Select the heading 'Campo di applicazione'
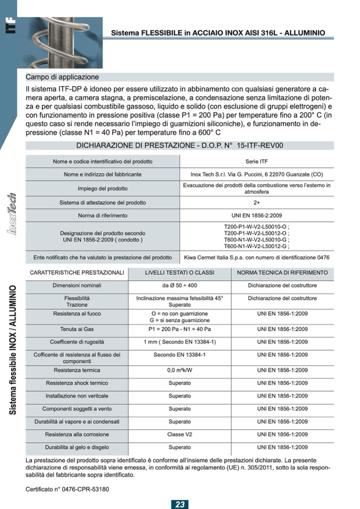tap(62, 77)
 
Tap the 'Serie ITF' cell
tap(256, 161)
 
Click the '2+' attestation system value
tap(256, 202)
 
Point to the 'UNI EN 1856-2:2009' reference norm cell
tap(256, 215)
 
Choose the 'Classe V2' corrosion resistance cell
tap(180, 434)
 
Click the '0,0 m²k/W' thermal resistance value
tap(180, 370)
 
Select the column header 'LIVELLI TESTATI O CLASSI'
tap(180, 272)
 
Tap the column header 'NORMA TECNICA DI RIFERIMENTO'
tap(282, 272)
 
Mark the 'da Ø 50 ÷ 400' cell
tap(180, 286)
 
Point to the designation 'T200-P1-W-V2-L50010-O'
tap(256, 227)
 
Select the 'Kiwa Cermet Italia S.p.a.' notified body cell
tap(256, 257)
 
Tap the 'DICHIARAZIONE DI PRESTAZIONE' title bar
tap(180, 145)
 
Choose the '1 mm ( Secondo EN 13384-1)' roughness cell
tap(180, 342)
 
